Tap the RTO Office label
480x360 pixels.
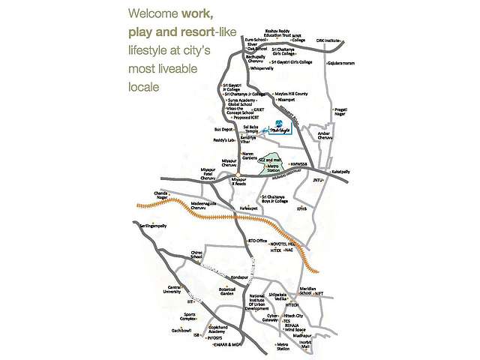[x=257, y=241]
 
